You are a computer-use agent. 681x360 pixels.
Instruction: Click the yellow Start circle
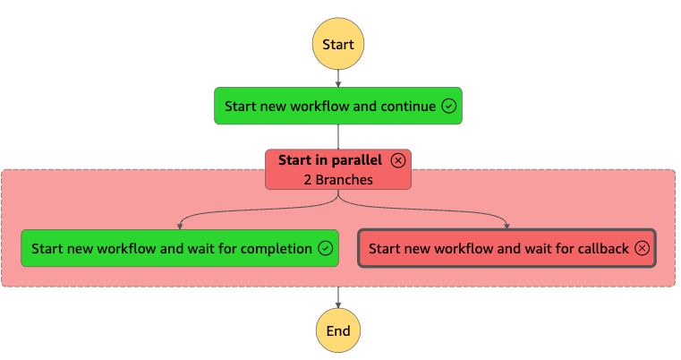[x=338, y=44]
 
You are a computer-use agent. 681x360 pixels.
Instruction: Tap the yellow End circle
[x=338, y=330]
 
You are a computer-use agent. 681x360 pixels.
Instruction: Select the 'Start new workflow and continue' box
[x=338, y=106]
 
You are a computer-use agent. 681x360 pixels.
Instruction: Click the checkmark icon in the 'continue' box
[x=448, y=106]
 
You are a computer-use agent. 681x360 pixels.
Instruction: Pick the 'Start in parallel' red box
[x=338, y=169]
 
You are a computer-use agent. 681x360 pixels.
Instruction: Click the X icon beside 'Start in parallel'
[x=398, y=160]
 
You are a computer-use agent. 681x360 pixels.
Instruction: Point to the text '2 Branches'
[x=338, y=180]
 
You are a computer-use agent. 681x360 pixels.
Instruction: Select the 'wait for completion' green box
[x=180, y=248]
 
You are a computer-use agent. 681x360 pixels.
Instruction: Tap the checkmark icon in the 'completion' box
[x=326, y=248]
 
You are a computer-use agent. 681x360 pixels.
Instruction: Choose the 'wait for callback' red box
[x=506, y=248]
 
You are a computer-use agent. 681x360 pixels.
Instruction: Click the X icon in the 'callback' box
[x=642, y=248]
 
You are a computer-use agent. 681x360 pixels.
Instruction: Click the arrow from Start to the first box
[x=338, y=79]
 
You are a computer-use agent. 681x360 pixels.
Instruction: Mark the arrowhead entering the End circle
[x=338, y=305]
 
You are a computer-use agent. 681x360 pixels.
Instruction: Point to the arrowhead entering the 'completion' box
[x=180, y=227]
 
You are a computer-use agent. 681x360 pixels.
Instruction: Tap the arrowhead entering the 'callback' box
[x=506, y=226]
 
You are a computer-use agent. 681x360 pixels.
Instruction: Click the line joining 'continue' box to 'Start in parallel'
[x=338, y=137]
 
